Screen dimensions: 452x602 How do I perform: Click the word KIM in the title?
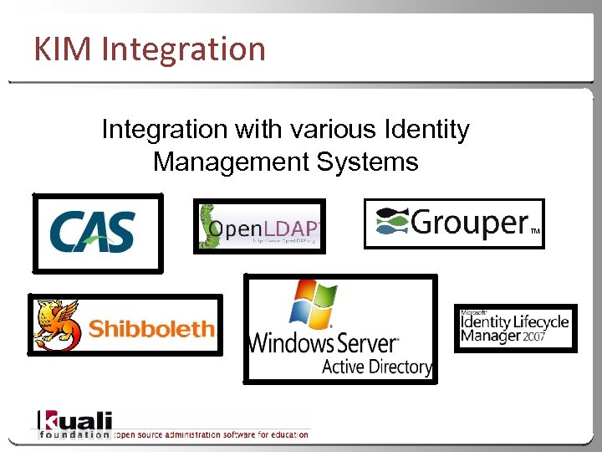click(63, 49)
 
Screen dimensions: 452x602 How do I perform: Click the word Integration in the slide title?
click(182, 50)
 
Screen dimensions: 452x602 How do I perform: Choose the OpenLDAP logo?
click(260, 227)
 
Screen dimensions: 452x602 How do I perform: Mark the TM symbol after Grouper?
click(536, 229)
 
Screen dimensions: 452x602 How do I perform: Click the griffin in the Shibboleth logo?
click(57, 325)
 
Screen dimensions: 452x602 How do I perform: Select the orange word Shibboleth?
click(151, 329)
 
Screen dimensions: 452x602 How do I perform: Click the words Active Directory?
click(376, 367)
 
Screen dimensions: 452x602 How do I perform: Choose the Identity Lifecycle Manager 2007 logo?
click(515, 327)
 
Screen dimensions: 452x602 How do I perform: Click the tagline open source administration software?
click(212, 434)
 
